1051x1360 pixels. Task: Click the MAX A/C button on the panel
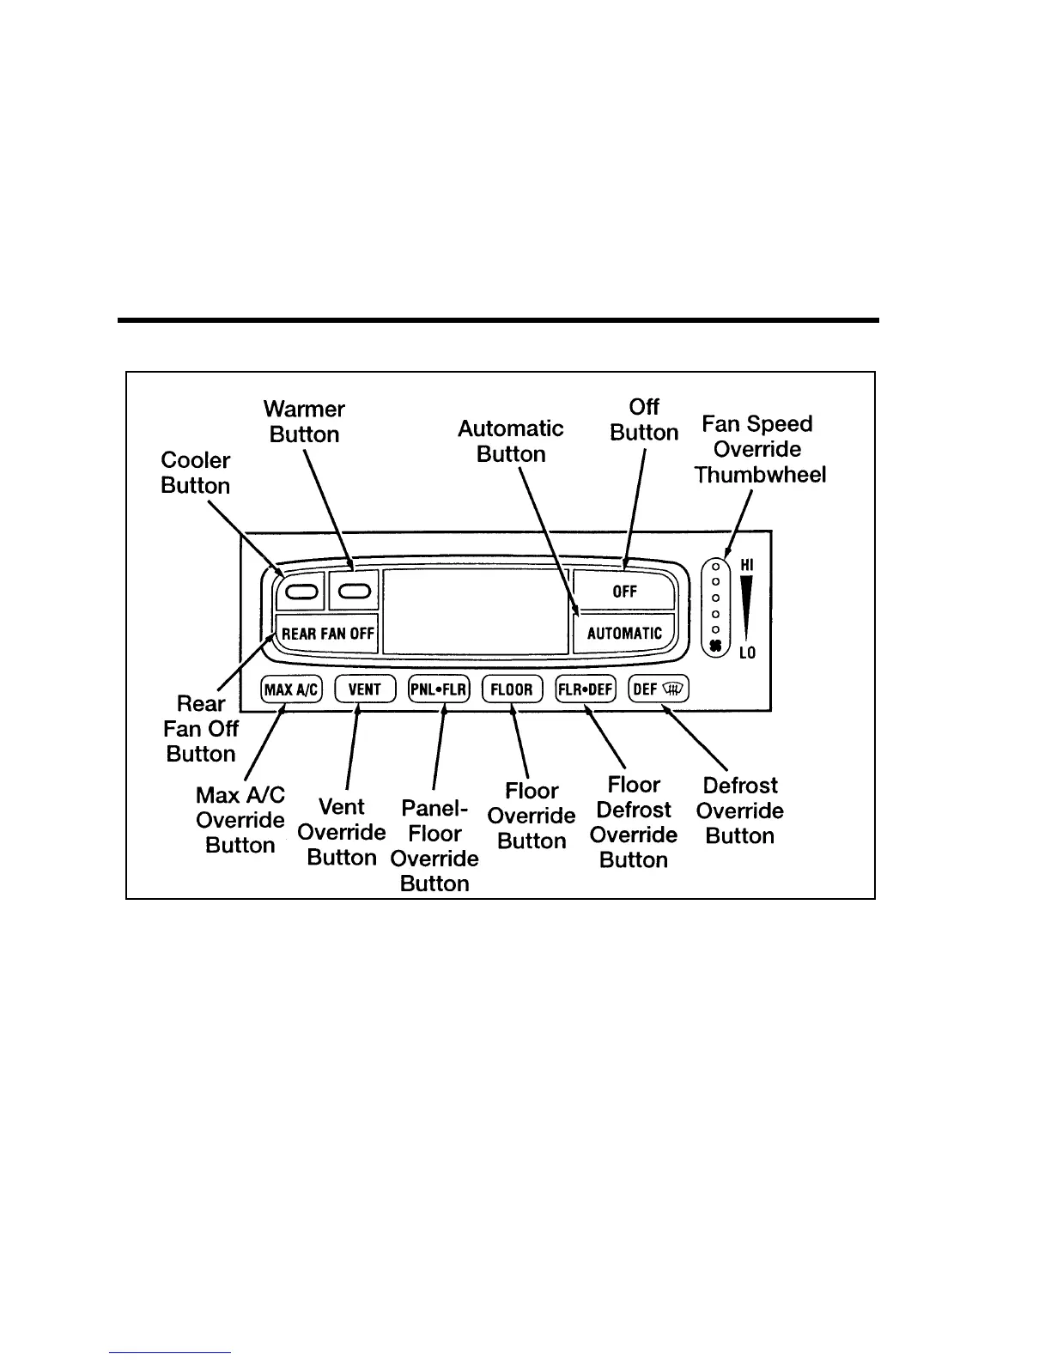pyautogui.click(x=291, y=689)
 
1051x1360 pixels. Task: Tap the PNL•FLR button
pyautogui.click(x=439, y=689)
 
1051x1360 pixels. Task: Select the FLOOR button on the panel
pyautogui.click(x=513, y=689)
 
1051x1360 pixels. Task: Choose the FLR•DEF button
pyautogui.click(x=586, y=689)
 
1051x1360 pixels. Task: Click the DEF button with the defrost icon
pyautogui.click(x=659, y=689)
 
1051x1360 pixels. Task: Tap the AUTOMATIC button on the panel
pyautogui.click(x=624, y=634)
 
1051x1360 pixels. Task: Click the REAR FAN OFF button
pyautogui.click(x=327, y=634)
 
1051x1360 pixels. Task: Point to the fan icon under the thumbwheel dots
pyautogui.click(x=714, y=647)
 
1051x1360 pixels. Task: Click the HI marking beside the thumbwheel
pyautogui.click(x=747, y=565)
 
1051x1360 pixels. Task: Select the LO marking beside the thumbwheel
pyautogui.click(x=747, y=653)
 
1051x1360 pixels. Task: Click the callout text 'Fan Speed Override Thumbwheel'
pyautogui.click(x=759, y=449)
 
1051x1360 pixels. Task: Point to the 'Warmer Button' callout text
pyautogui.click(x=304, y=422)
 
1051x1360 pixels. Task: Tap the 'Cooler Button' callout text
pyautogui.click(x=196, y=473)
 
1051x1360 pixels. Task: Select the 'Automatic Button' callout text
pyautogui.click(x=511, y=441)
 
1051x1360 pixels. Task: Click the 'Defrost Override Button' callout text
pyautogui.click(x=739, y=811)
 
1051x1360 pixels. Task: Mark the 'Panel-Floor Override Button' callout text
pyautogui.click(x=434, y=846)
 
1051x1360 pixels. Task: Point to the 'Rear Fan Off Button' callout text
pyautogui.click(x=201, y=728)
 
